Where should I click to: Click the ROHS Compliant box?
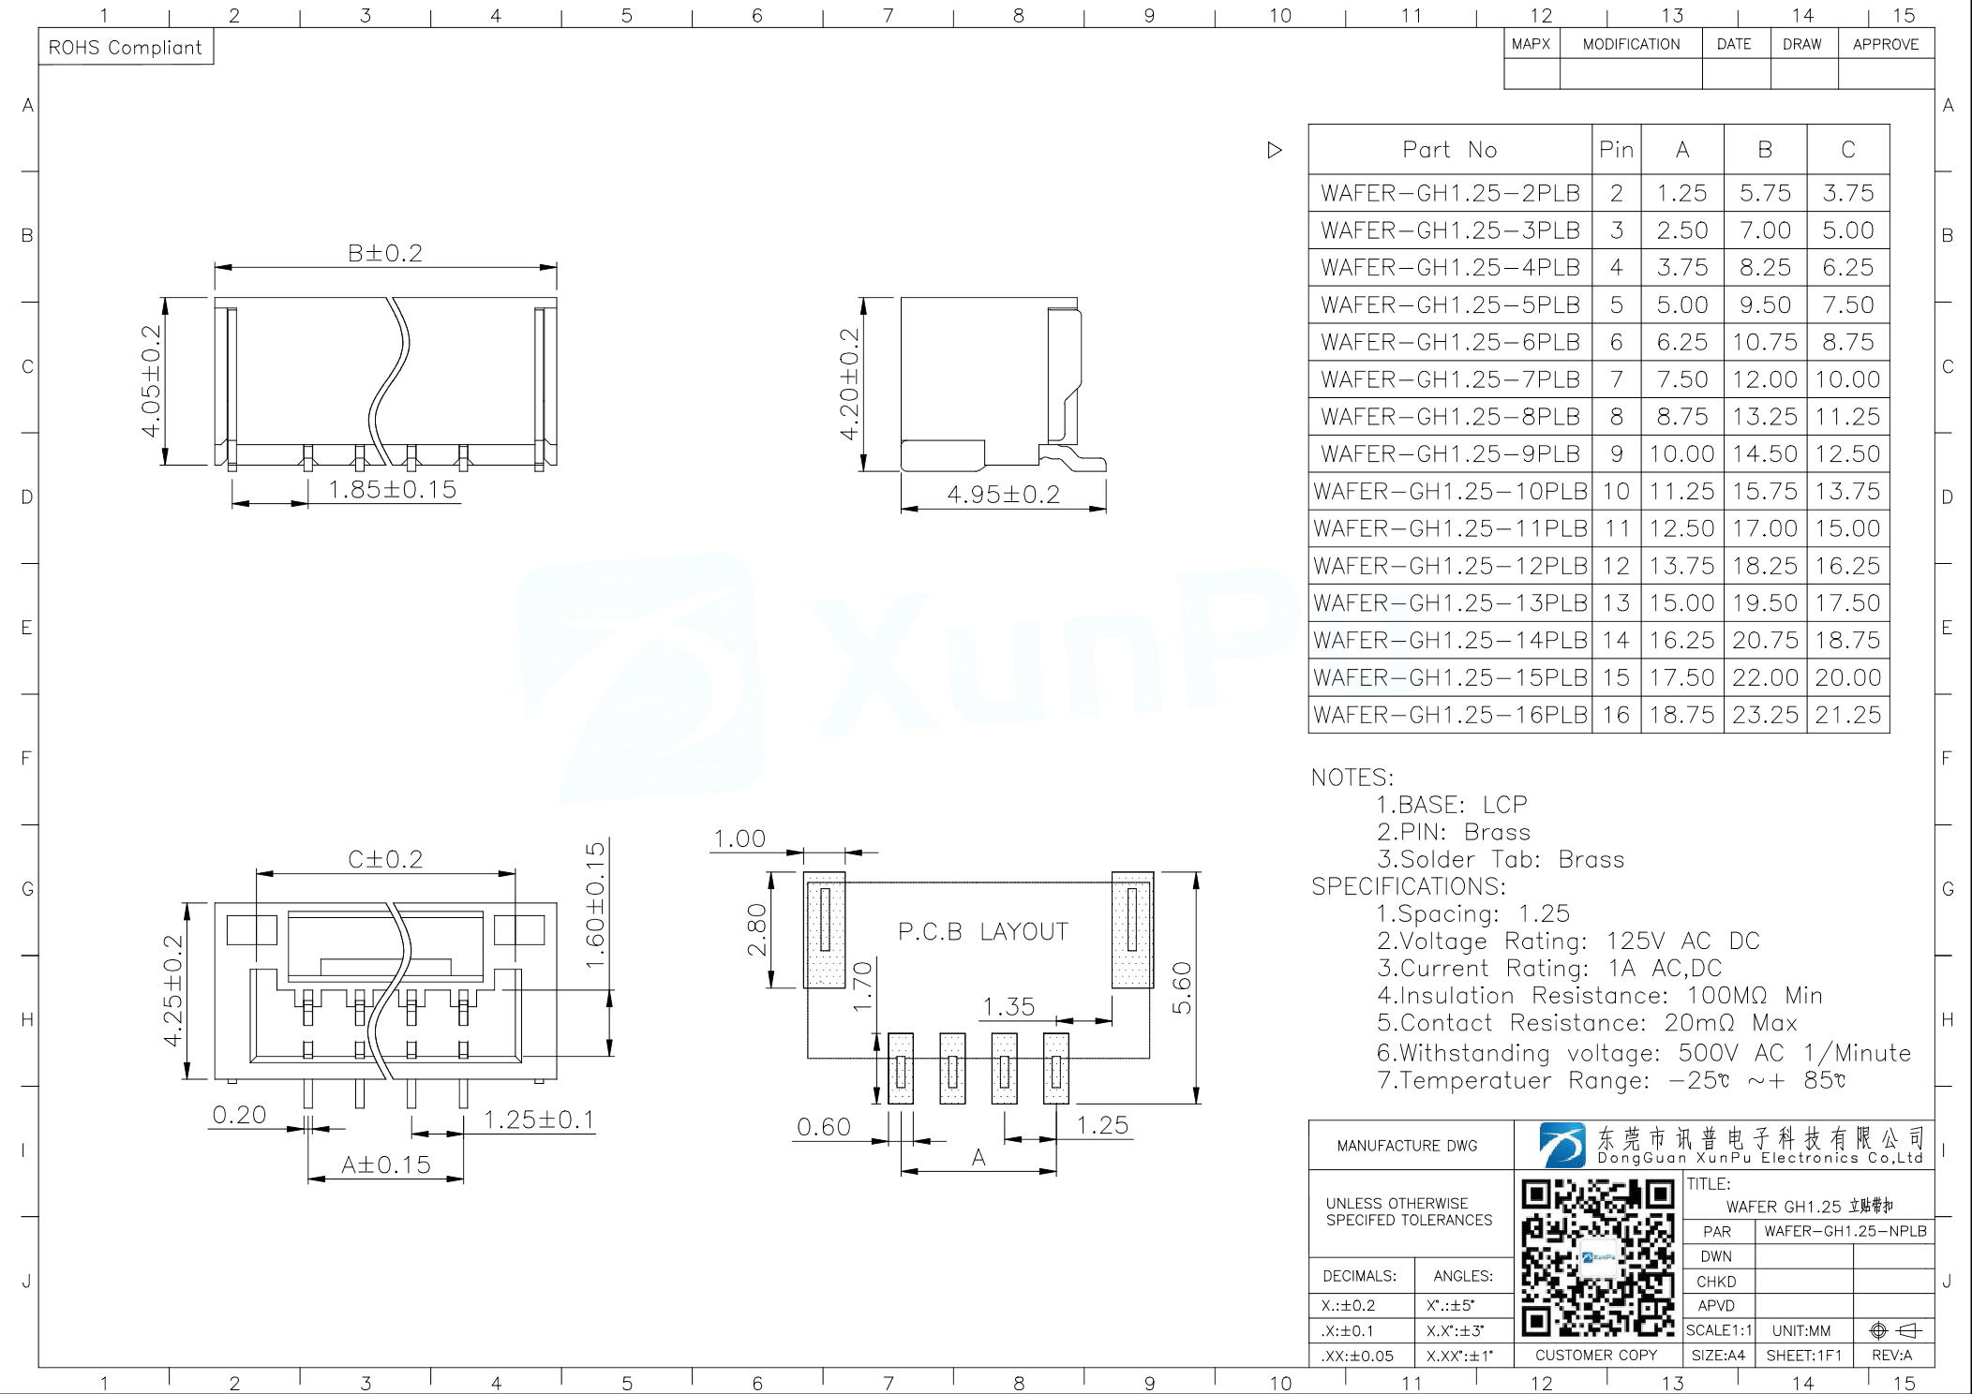126,47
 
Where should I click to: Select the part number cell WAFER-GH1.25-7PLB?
1450,379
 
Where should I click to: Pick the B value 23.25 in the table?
1765,715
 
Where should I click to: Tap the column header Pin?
1616,150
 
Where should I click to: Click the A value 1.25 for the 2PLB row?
1681,193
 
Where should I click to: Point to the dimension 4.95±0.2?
1003,494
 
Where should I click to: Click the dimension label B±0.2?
385,253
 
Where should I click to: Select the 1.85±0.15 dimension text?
392,489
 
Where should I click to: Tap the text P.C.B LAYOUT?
982,931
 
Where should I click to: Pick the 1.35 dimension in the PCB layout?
1008,1006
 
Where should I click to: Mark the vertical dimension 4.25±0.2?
173,990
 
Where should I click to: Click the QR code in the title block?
1598,1257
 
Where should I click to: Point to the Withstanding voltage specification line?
1642,1053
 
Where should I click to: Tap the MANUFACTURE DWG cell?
1407,1146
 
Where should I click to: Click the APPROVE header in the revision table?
1886,44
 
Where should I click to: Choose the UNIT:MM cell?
1800,1330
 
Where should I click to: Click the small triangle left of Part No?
1274,150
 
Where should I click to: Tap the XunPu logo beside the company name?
1561,1145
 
